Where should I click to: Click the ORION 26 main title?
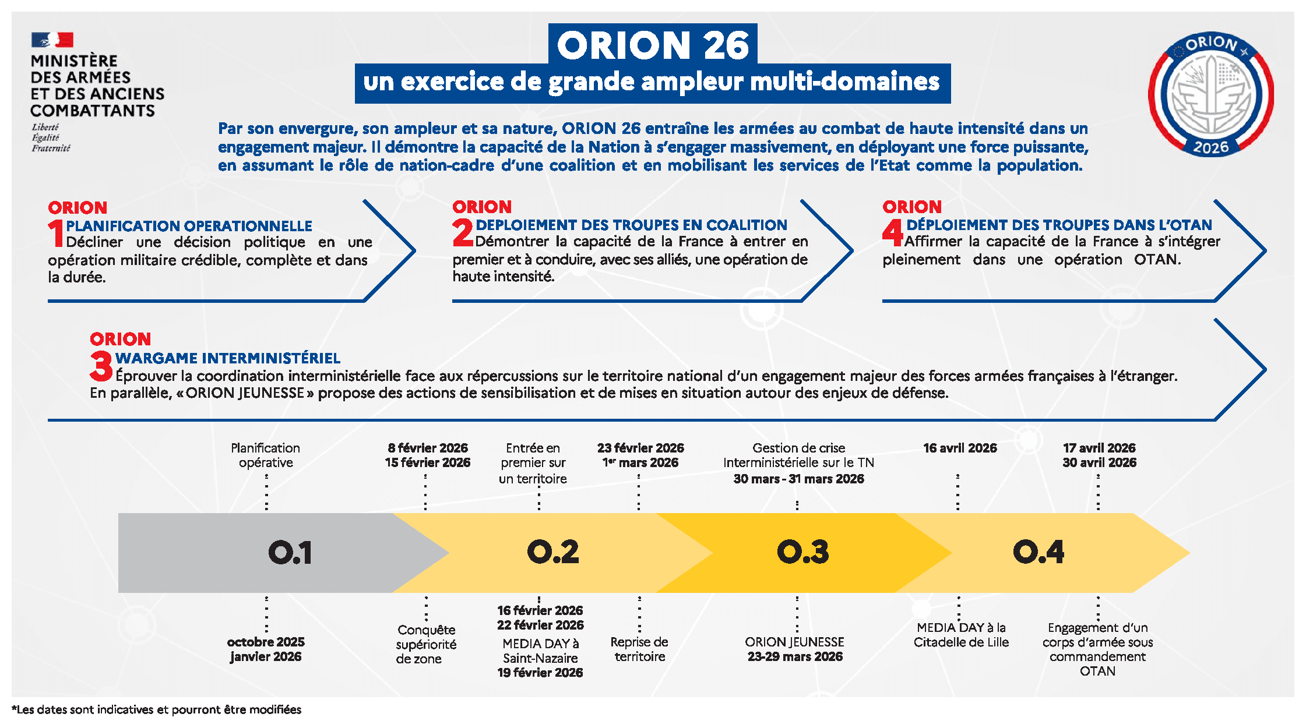click(653, 45)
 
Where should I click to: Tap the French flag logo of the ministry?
click(52, 40)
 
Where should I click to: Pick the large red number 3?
click(101, 366)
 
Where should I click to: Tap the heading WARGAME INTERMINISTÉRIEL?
click(228, 358)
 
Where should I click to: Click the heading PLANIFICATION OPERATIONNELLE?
click(189, 226)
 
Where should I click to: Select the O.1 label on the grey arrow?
click(290, 552)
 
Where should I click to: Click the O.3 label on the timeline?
click(802, 552)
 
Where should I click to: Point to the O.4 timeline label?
click(1039, 552)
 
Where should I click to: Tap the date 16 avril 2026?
click(960, 448)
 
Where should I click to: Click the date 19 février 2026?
click(540, 673)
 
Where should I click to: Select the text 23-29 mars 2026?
click(795, 656)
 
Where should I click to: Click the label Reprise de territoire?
click(639, 649)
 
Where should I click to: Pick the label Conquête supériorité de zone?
click(426, 644)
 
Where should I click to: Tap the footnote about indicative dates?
click(157, 709)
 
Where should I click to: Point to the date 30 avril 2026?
click(1099, 462)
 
